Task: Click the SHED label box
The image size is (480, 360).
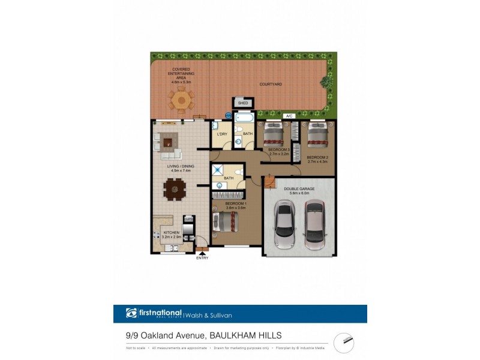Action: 243,103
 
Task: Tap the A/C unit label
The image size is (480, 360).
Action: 289,115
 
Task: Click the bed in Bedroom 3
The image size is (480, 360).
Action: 277,135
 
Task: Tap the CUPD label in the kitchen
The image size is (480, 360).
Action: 188,220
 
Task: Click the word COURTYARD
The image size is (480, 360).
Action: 271,85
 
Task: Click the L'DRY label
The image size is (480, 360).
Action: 221,134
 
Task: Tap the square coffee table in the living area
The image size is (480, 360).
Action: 169,143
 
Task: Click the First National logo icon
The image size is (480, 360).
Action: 131,313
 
